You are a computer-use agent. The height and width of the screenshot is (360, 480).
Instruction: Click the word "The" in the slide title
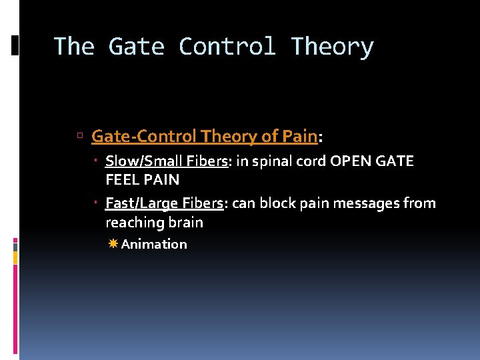point(73,47)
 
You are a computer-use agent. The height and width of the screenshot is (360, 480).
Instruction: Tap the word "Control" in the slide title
point(227,47)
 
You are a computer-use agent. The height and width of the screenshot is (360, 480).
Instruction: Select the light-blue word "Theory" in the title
point(332,47)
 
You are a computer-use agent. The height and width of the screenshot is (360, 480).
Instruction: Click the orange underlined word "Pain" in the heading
point(299,137)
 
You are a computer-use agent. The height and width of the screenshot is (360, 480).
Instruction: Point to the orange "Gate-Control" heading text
point(144,137)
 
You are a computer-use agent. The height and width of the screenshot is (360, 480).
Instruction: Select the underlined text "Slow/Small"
point(136,161)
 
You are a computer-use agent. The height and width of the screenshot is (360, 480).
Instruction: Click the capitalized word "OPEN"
point(352,161)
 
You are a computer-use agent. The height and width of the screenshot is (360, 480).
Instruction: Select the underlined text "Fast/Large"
point(136,203)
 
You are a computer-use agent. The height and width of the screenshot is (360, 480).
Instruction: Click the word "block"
point(276,203)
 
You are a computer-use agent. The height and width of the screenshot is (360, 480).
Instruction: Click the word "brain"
point(186,222)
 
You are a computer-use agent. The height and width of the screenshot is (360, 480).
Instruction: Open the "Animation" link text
point(154,244)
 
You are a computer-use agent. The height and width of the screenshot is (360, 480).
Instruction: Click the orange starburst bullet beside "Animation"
point(113,244)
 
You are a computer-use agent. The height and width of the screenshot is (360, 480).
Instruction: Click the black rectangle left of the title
point(15,45)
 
